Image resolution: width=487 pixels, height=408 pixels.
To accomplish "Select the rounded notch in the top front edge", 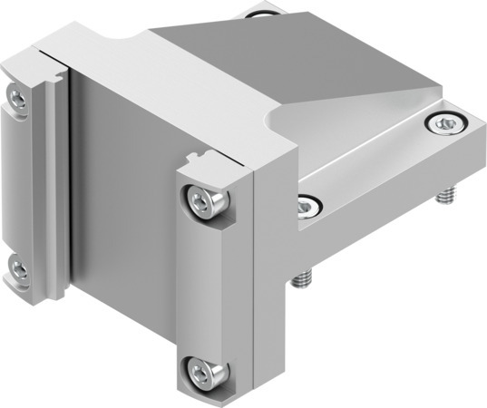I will pos(127,42).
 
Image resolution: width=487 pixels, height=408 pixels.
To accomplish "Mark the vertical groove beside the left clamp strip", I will pos(56,181).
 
